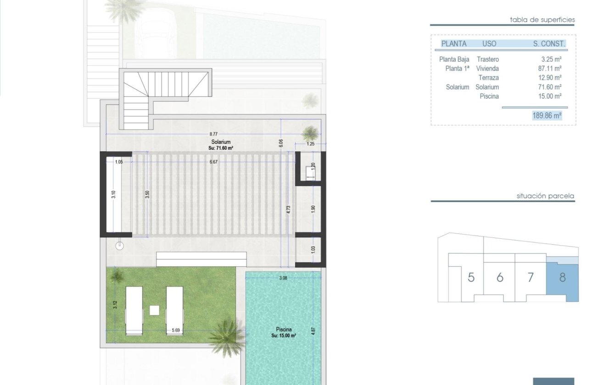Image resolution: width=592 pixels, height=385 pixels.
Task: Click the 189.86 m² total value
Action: [547, 116]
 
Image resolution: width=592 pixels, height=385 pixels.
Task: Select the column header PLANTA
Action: [453, 44]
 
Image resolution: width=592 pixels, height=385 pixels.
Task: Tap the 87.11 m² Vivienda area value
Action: [551, 68]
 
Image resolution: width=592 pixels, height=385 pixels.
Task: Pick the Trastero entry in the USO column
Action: [487, 59]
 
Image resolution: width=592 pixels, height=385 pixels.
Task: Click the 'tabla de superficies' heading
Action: [542, 20]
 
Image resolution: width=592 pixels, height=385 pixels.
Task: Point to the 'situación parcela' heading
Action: [545, 196]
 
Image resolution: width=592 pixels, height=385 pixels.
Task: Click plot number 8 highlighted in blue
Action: [562, 277]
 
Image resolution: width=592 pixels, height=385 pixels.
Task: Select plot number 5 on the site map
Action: [471, 278]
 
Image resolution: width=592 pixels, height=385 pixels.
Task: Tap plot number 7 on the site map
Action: [531, 278]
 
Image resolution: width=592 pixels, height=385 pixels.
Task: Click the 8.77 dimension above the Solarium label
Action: [214, 133]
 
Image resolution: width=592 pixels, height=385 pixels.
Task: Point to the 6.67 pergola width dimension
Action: [214, 162]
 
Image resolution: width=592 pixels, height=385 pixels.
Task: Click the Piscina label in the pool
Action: [283, 329]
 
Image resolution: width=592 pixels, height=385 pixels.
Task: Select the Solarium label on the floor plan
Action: [221, 142]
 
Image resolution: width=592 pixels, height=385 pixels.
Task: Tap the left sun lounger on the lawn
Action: [134, 310]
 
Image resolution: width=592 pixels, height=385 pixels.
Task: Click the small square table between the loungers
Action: [154, 310]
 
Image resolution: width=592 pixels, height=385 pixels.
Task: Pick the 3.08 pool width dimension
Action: [283, 278]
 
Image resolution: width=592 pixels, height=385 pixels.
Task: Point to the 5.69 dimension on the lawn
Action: [175, 330]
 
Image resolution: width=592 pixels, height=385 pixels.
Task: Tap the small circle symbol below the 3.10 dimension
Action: [120, 245]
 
